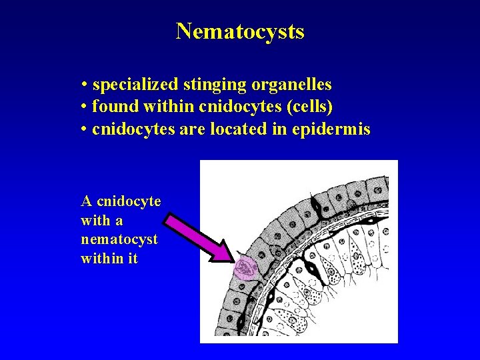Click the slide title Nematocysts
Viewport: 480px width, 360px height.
pyautogui.click(x=240, y=31)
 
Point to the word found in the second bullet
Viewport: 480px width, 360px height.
pyautogui.click(x=112, y=107)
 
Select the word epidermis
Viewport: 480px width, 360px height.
pyautogui.click(x=331, y=129)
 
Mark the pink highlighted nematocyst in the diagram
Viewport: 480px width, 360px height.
pyautogui.click(x=245, y=270)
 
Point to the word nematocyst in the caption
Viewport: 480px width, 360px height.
pyautogui.click(x=119, y=239)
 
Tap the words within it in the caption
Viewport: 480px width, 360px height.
pyautogui.click(x=109, y=258)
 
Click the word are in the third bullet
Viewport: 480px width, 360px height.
pyautogui.click(x=191, y=129)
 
